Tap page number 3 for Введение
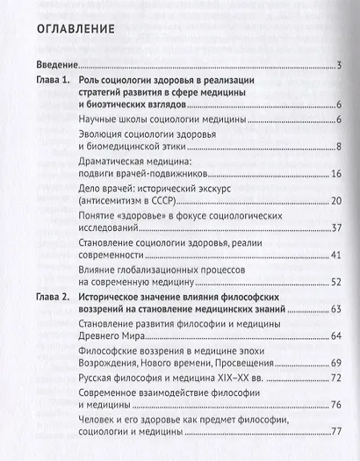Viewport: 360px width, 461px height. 338,66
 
